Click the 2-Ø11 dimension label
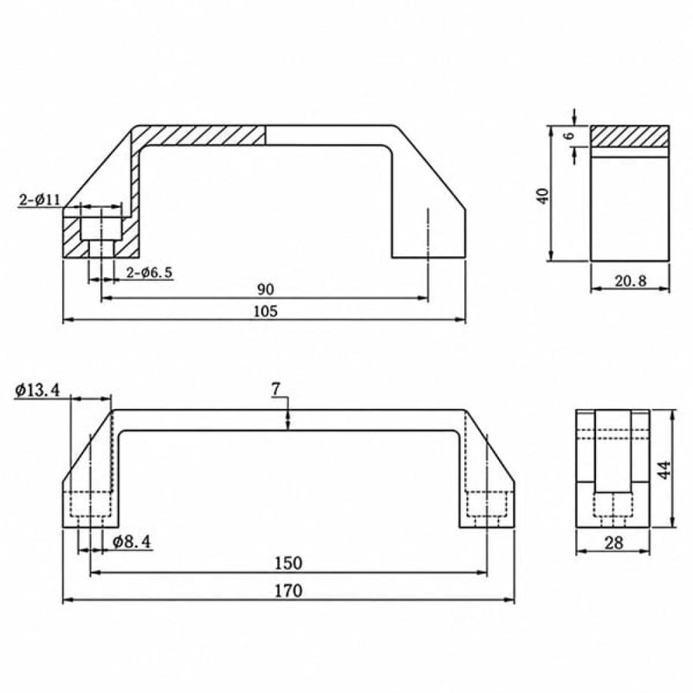pos(40,199)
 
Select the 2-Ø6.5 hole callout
pos(149,273)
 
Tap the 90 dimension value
pos(266,290)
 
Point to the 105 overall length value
pos(266,312)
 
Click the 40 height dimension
pos(543,196)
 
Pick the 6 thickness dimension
pos(570,136)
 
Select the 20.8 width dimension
pos(631,280)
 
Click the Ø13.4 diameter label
pos(38,390)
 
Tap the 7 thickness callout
pos(276,390)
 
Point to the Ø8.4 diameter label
pos(131,541)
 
